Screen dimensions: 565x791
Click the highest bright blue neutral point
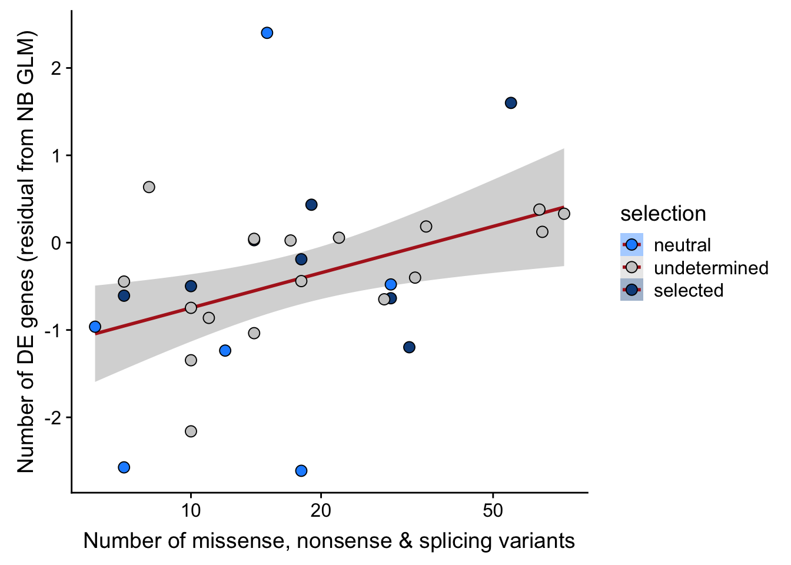coord(267,33)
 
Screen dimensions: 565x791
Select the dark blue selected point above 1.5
coord(511,103)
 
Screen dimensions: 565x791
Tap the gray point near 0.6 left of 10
coord(149,187)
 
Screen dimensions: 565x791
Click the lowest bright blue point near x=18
coord(301,471)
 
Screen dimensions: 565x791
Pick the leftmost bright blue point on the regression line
coord(95,327)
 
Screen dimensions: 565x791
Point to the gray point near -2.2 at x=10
coord(191,431)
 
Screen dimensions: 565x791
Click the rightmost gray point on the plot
coord(564,214)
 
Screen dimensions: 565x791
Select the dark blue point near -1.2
coord(409,347)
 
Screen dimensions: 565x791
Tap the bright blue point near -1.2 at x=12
coord(225,351)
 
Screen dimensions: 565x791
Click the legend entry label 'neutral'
coord(682,245)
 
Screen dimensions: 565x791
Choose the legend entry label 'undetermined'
coord(711,268)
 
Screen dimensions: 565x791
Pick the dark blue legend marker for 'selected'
coord(632,290)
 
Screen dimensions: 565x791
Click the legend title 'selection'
coord(663,214)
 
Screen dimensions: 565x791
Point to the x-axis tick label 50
coord(493,510)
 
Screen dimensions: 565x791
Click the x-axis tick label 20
coord(321,510)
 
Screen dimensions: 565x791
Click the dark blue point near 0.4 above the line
coord(311,205)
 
